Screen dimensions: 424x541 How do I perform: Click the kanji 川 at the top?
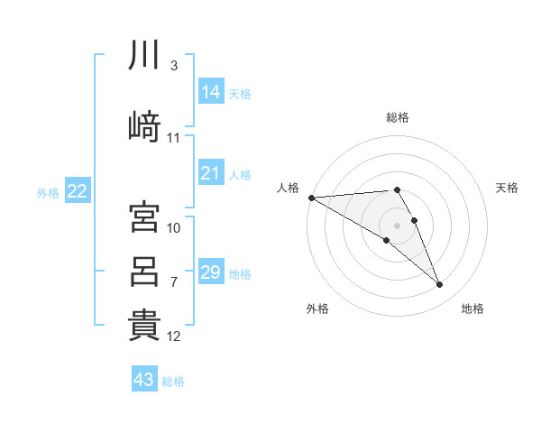pyautogui.click(x=144, y=56)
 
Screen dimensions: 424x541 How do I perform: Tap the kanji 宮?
pyautogui.click(x=144, y=217)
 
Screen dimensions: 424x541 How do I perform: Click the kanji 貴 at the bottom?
pyautogui.click(x=144, y=325)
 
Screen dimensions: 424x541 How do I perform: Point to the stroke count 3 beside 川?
pyautogui.click(x=173, y=66)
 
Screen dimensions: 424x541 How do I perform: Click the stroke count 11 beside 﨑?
pyautogui.click(x=174, y=138)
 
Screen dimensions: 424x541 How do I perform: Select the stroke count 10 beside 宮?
pyautogui.click(x=174, y=227)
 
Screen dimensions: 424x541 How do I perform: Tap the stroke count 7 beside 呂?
pyautogui.click(x=173, y=282)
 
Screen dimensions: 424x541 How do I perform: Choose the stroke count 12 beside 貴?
pyautogui.click(x=174, y=336)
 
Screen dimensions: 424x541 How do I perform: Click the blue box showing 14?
pyautogui.click(x=210, y=92)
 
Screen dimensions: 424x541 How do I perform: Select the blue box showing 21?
pyautogui.click(x=210, y=173)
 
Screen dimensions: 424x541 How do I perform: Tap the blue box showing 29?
pyautogui.click(x=210, y=272)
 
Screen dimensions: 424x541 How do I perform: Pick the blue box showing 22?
pyautogui.click(x=78, y=190)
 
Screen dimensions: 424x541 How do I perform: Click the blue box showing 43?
pyautogui.click(x=144, y=380)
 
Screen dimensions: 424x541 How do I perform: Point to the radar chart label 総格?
pyautogui.click(x=398, y=117)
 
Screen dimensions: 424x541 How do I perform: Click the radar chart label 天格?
pyautogui.click(x=508, y=188)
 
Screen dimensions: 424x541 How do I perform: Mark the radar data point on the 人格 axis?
pyautogui.click(x=311, y=198)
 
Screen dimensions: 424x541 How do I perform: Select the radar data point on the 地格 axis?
pyautogui.click(x=439, y=285)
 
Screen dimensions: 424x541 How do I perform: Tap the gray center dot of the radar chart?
pyautogui.click(x=397, y=225)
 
